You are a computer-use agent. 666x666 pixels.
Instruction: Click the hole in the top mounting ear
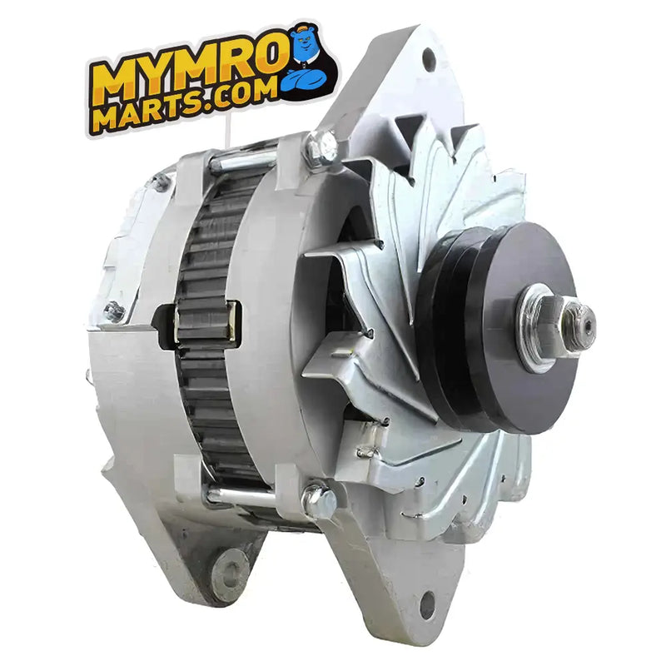[x=428, y=58]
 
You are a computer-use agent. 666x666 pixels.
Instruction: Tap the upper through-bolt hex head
[x=322, y=147]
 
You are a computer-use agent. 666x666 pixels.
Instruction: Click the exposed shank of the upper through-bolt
[x=241, y=162]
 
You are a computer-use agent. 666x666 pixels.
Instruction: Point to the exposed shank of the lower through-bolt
[x=241, y=498]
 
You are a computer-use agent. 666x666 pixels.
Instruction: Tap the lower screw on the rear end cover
[x=114, y=311]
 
